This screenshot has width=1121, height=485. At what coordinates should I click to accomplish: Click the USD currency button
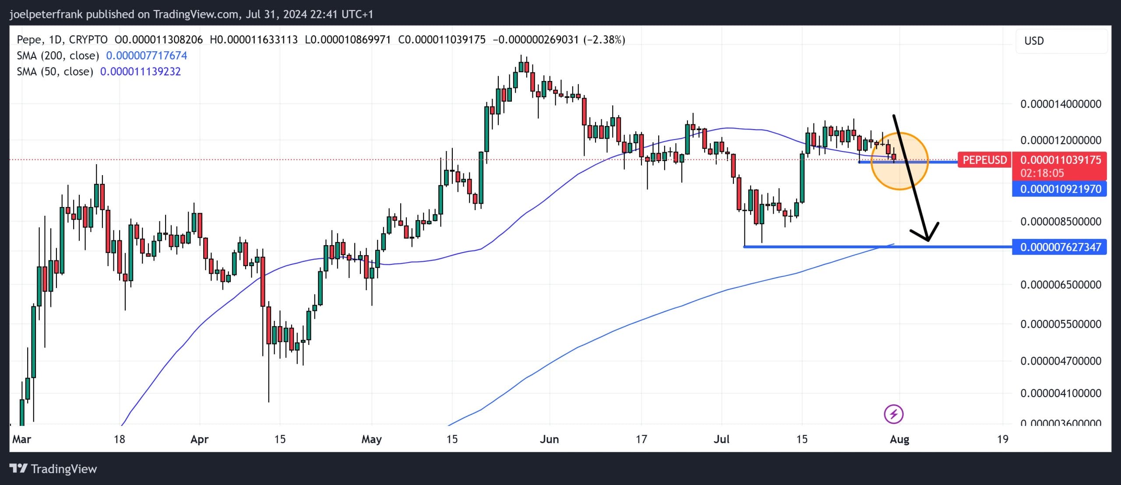tap(1034, 41)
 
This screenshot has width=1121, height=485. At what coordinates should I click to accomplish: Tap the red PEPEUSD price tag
tap(984, 160)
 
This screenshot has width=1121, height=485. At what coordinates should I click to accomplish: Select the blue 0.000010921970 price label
tap(1060, 189)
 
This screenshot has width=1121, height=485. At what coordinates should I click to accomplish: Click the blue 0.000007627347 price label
tap(1060, 247)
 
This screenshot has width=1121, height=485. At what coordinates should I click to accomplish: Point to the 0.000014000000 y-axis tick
tap(1060, 104)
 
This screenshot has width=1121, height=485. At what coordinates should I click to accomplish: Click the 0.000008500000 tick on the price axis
tap(1060, 221)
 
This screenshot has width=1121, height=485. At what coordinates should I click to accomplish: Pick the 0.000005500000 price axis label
tap(1060, 324)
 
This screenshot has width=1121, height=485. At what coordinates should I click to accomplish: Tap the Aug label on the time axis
tap(899, 439)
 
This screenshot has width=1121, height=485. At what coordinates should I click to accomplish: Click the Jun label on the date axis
tap(549, 439)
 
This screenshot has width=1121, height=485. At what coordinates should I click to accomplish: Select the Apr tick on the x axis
tap(199, 439)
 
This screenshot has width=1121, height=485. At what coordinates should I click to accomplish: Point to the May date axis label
tap(371, 439)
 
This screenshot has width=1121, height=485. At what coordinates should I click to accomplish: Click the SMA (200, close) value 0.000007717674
tap(146, 56)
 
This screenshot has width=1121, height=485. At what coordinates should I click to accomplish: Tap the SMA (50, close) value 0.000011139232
tap(140, 72)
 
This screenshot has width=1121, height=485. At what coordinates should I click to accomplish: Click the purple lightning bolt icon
tap(893, 414)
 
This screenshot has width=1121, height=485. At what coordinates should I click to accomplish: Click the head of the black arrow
tap(927, 239)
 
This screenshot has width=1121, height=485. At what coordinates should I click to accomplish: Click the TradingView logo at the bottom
tap(53, 469)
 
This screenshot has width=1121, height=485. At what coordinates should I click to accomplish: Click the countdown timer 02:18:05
tap(1042, 173)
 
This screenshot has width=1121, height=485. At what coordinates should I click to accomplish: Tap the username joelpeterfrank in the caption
tap(46, 14)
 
